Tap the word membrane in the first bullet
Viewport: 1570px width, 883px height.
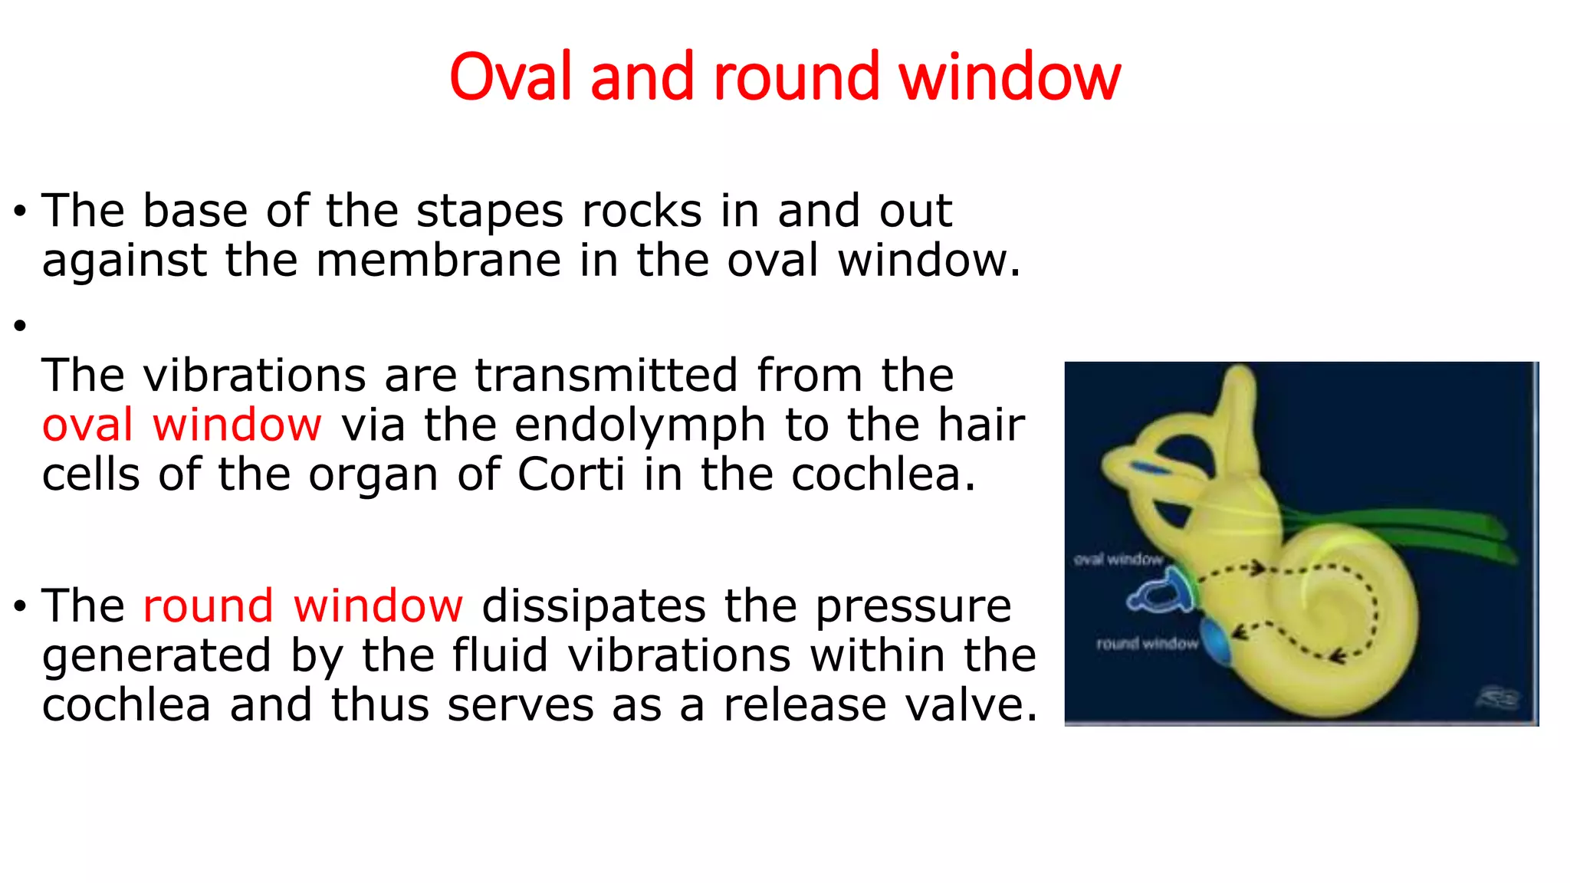coord(438,261)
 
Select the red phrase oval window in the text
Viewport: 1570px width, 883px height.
coord(182,425)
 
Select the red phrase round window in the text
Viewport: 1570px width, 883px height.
coord(303,606)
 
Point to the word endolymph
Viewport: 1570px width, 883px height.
coord(640,425)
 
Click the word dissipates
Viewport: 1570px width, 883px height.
coord(593,606)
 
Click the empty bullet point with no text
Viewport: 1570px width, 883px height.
coord(21,326)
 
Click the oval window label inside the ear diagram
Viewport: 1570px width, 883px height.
coord(1118,560)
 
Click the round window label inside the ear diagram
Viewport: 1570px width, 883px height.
coord(1146,644)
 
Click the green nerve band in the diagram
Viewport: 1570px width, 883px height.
coord(1418,529)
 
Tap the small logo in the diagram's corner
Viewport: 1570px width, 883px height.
coord(1498,698)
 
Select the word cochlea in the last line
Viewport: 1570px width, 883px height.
coord(126,705)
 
